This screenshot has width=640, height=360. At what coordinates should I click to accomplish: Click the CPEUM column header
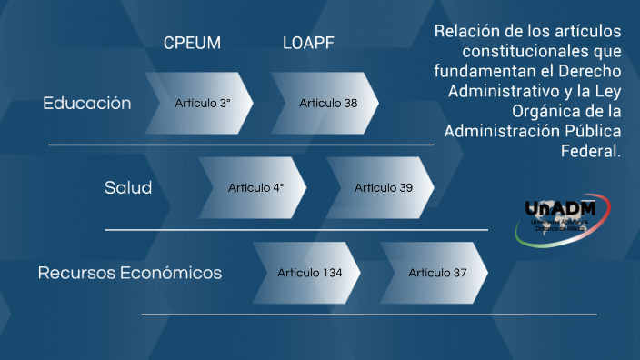(x=192, y=43)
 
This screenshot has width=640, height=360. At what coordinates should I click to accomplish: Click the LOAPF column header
(x=308, y=43)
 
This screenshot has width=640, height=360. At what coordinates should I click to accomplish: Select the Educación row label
(x=87, y=103)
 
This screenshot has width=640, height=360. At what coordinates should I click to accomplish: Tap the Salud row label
(x=128, y=188)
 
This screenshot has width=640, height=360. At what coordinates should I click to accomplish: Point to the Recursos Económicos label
(x=130, y=273)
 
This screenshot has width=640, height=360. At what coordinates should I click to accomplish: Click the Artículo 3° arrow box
(x=202, y=103)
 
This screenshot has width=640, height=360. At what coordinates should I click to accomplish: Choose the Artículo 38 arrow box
(x=327, y=103)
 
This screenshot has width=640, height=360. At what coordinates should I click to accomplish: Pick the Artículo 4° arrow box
(x=255, y=188)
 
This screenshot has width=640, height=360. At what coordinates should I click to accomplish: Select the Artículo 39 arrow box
(x=383, y=188)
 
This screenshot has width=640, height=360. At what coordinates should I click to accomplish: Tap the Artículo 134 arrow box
(x=309, y=273)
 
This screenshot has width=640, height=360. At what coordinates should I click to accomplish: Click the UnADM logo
(x=566, y=217)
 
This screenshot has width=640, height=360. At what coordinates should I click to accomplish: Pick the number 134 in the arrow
(x=331, y=273)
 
